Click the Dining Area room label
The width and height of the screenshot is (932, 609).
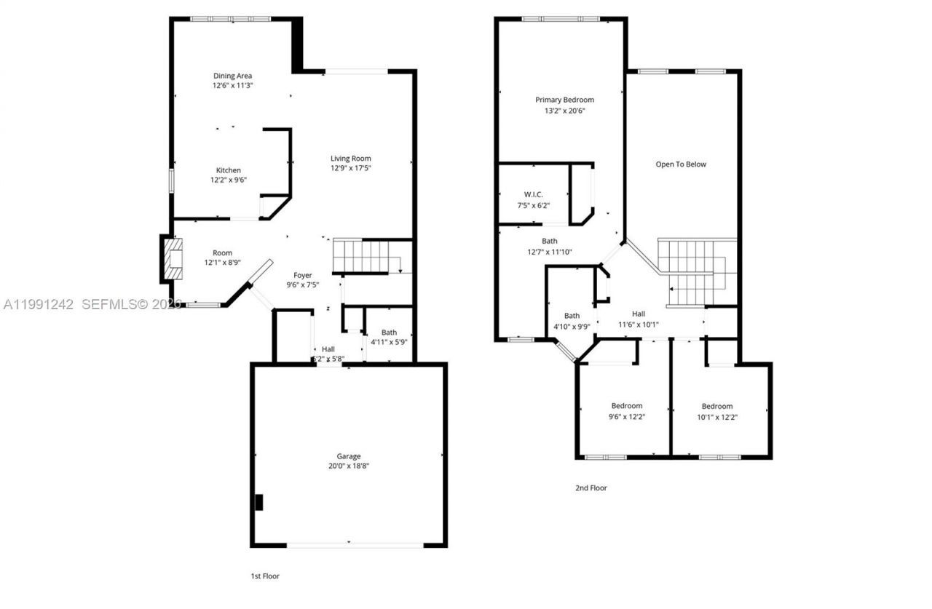pyautogui.click(x=232, y=76)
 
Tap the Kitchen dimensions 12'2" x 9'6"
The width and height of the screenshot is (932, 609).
pyautogui.click(x=229, y=180)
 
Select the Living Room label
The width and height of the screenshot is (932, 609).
pyautogui.click(x=351, y=159)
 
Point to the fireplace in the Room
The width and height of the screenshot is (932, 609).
pyautogui.click(x=172, y=258)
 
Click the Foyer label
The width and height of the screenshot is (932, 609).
pyautogui.click(x=303, y=275)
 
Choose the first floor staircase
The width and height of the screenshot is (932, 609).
pyautogui.click(x=361, y=257)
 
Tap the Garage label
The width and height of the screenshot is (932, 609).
pyautogui.click(x=349, y=456)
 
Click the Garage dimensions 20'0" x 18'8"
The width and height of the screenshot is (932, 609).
pyautogui.click(x=349, y=466)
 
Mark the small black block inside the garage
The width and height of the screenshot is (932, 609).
pyautogui.click(x=258, y=502)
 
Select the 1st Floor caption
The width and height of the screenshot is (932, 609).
pyautogui.click(x=265, y=576)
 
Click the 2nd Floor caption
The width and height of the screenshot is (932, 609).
pyautogui.click(x=591, y=488)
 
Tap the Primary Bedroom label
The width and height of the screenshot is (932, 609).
pyautogui.click(x=564, y=100)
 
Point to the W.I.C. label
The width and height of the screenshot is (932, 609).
pyautogui.click(x=534, y=194)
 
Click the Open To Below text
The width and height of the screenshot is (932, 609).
pyautogui.click(x=681, y=164)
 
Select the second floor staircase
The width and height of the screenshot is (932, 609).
pyautogui.click(x=695, y=273)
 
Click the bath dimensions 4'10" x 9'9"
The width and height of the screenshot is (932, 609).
pyautogui.click(x=572, y=326)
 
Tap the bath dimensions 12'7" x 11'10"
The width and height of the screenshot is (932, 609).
pyautogui.click(x=550, y=252)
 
